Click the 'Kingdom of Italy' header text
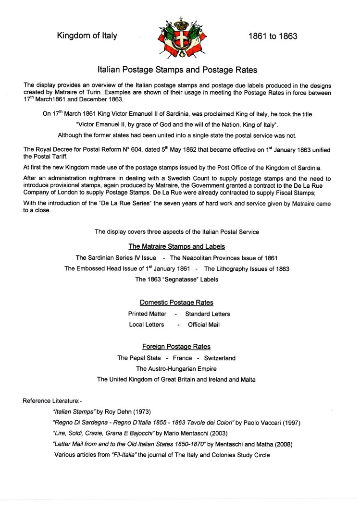click(87, 36)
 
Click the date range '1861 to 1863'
click(273, 36)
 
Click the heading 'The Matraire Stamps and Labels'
click(177, 246)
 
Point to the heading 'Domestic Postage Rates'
click(176, 303)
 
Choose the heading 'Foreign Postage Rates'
click(176, 346)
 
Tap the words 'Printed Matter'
click(147, 314)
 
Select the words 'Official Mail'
click(204, 325)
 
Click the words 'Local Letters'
click(147, 325)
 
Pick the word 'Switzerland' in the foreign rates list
click(220, 358)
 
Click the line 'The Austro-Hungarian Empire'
click(176, 369)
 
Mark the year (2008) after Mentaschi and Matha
click(282, 444)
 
